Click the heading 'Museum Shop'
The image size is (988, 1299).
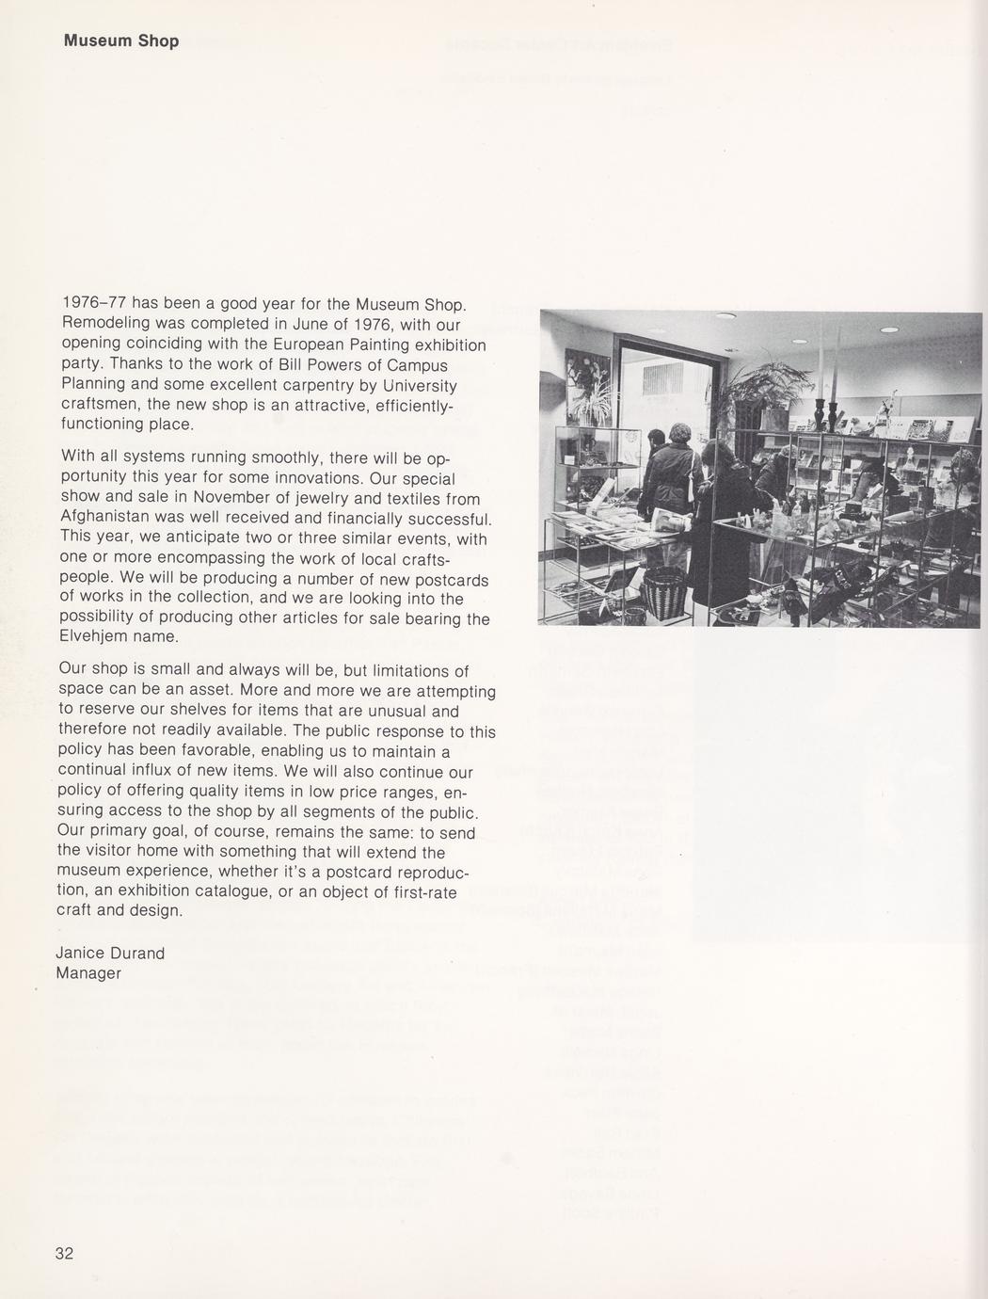click(x=120, y=41)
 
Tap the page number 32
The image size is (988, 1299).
click(x=64, y=1253)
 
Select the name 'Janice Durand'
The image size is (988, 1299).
click(x=110, y=953)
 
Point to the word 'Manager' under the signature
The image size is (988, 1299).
click(x=88, y=973)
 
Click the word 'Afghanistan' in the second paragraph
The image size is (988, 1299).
click(x=104, y=519)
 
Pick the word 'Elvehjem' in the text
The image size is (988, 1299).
click(x=91, y=637)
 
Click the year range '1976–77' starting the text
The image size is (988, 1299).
click(x=93, y=303)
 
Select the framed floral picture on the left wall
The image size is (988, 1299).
click(x=587, y=385)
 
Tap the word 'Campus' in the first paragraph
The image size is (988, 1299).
click(x=413, y=365)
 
